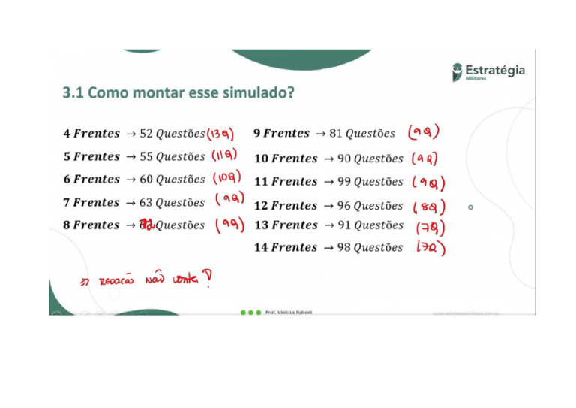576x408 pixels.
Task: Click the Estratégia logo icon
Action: tap(457, 72)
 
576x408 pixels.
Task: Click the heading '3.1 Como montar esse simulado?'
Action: tap(178, 93)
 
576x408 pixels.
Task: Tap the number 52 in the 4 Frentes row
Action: tap(146, 134)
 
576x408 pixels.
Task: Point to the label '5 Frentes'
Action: tap(91, 156)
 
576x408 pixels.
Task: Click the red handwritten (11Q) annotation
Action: tap(224, 156)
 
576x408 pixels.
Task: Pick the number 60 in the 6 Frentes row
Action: tap(146, 180)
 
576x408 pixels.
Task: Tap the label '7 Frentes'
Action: tap(91, 202)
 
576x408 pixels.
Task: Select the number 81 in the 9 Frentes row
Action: tap(335, 134)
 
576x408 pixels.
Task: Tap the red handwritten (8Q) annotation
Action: tap(429, 206)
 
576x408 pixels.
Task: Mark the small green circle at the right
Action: tap(470, 206)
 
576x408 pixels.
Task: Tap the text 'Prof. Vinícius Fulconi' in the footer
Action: tap(289, 312)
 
